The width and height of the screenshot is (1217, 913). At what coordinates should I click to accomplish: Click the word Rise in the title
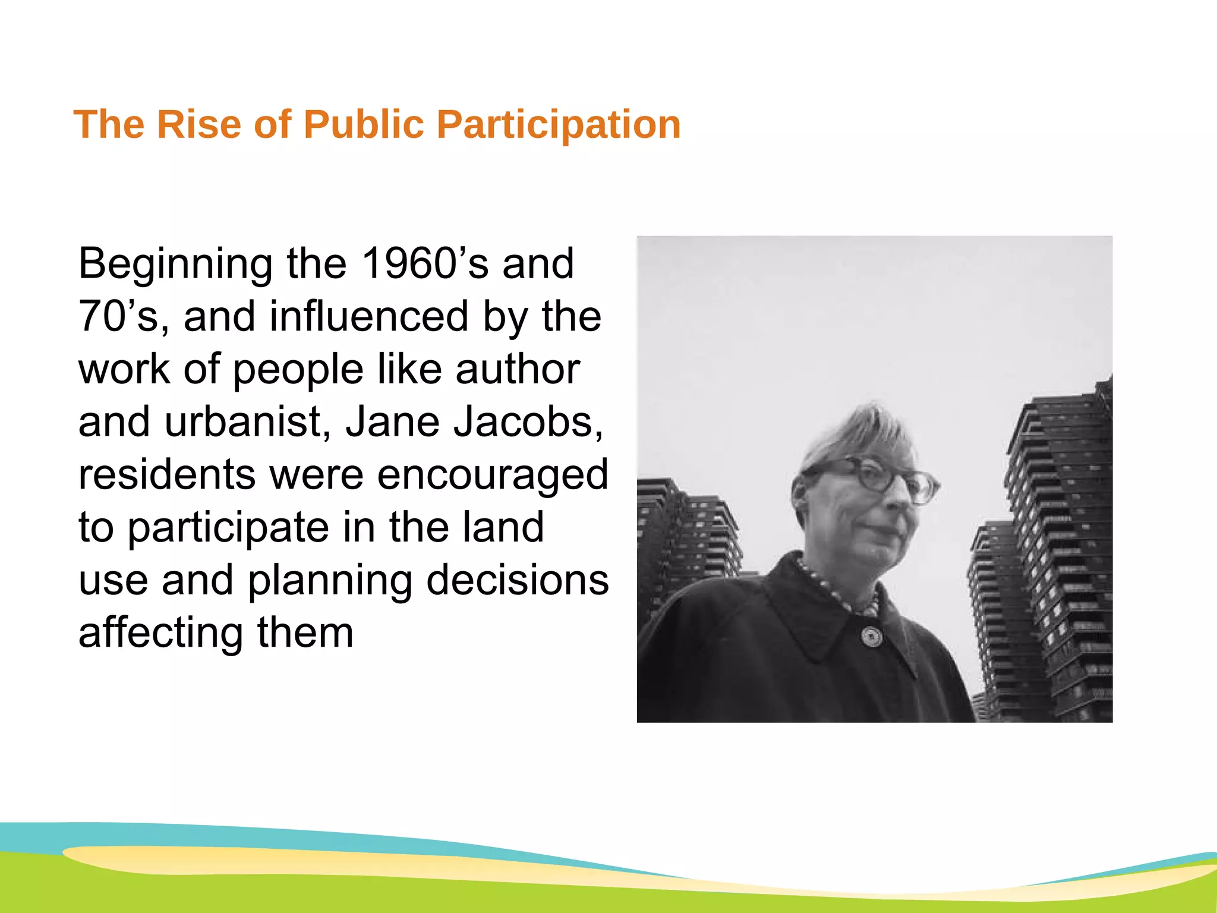coord(198,125)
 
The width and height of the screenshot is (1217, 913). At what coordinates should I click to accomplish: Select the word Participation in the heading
coord(559,125)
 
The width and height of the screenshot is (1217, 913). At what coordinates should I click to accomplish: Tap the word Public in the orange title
coord(364,125)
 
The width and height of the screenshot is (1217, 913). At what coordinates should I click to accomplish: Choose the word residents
coord(167,474)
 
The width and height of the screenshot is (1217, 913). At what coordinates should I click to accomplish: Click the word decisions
coord(518,580)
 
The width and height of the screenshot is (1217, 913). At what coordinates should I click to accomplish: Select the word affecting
coord(161,634)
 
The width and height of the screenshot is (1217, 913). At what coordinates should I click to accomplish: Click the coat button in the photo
coord(871,637)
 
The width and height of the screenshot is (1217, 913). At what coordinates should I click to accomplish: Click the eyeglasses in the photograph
coord(885,478)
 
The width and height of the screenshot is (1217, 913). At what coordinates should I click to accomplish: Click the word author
coord(518,369)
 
